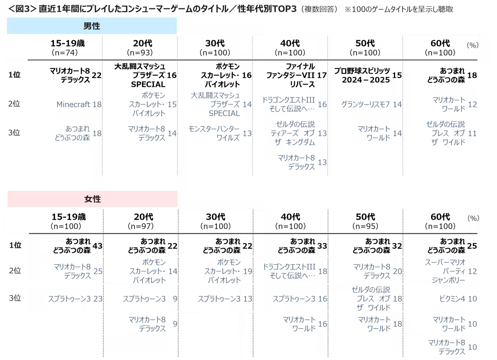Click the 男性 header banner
point(92,26)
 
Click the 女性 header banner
point(92,199)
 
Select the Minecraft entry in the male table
point(73,105)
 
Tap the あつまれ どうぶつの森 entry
point(72,133)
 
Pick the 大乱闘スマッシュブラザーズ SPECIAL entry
point(215,104)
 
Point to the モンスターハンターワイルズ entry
point(214,133)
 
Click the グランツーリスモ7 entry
point(366,105)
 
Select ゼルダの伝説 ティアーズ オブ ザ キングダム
point(293,133)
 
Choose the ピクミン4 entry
point(452,299)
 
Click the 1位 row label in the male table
point(15,75)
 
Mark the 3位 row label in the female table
point(15,298)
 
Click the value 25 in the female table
point(98,271)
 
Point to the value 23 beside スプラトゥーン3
point(98,299)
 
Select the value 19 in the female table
point(248,271)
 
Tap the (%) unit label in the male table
point(472,46)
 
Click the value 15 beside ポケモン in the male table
point(172,105)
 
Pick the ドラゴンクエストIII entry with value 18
point(290,271)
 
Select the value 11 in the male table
point(472,133)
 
